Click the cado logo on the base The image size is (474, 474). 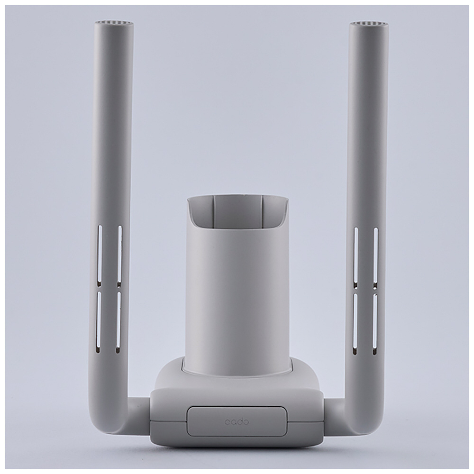[x=237, y=421]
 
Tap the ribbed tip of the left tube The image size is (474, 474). [x=114, y=23]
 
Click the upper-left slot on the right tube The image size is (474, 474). [x=356, y=257]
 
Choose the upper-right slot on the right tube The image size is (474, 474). [x=376, y=257]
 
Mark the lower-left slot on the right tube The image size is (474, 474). [x=355, y=324]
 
